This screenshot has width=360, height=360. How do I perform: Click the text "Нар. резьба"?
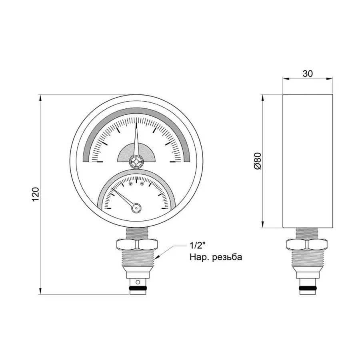pyautogui.click(x=216, y=257)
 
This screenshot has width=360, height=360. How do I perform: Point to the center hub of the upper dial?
pyautogui.click(x=136, y=162)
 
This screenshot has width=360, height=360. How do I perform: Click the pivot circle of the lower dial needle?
pyautogui.click(x=136, y=208)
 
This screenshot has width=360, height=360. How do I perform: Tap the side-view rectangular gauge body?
pyautogui.click(x=307, y=161)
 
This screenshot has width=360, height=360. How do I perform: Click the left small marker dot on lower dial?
pyautogui.click(x=130, y=184)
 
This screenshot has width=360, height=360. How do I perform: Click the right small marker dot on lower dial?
pyautogui.click(x=142, y=184)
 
